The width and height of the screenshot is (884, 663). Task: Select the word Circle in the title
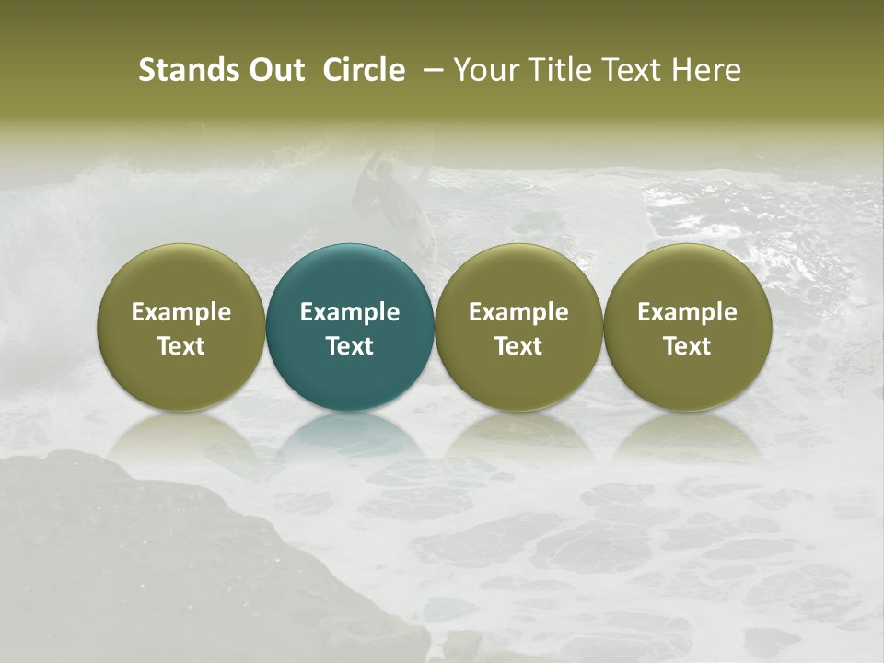pyautogui.click(x=364, y=70)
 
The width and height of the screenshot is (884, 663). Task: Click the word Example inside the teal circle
pyautogui.click(x=350, y=312)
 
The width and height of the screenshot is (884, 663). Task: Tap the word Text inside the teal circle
pyautogui.click(x=350, y=346)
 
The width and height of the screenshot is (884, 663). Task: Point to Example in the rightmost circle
pyautogui.click(x=687, y=312)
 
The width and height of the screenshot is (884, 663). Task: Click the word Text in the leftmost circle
pyautogui.click(x=180, y=346)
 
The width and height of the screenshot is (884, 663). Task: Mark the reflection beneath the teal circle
pyautogui.click(x=350, y=438)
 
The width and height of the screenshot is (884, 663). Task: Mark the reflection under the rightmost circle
pyautogui.click(x=687, y=438)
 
